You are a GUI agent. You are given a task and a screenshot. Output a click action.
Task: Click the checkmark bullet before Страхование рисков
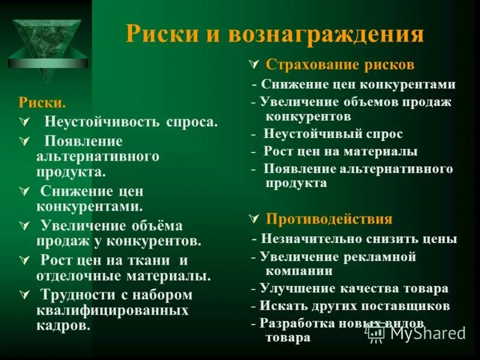(x=253, y=64)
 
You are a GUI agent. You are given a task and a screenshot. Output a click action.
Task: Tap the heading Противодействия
(x=329, y=218)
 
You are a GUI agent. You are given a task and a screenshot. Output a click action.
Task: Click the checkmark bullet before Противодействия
(x=253, y=218)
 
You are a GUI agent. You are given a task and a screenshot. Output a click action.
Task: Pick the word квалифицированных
(x=112, y=311)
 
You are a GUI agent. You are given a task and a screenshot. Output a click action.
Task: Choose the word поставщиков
(x=415, y=306)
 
